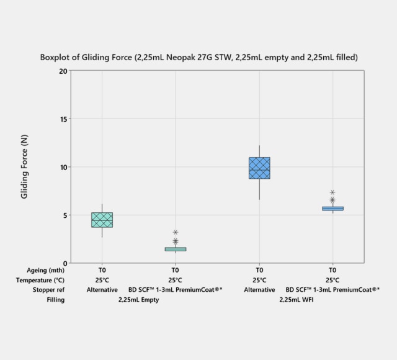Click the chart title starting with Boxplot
coord(198,57)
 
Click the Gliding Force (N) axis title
coord(25,167)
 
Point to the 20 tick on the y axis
coord(63,71)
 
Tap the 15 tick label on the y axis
coord(63,119)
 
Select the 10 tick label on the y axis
coord(63,167)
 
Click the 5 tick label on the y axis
coord(65,215)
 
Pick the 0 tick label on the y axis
coord(65,263)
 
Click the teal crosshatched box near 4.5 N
coord(102,220)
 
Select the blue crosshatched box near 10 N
coord(259,168)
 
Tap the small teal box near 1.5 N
coord(176,249)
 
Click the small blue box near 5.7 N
coord(332,209)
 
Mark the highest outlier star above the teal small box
coord(176,233)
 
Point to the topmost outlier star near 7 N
coord(332,192)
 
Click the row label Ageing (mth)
coord(46,270)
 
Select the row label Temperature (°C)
coord(43,280)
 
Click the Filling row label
coord(55,300)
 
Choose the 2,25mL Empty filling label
coord(138,300)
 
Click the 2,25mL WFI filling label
coord(296,300)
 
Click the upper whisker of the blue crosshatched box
coord(259,151)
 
